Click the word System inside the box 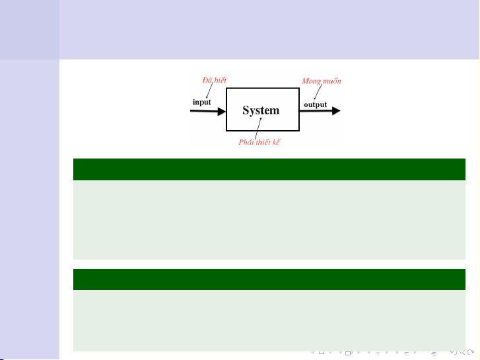(261, 110)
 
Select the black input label (202, 102)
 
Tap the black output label (316, 105)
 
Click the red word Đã (207, 81)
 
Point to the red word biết (220, 81)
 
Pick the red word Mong (312, 81)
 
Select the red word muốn (331, 81)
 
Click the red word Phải (246, 142)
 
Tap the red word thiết (263, 142)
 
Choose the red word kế (277, 142)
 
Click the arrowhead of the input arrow (222, 111)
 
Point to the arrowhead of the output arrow (336, 111)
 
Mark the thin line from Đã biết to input (209, 90)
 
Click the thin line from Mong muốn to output (318, 92)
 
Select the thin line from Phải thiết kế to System (258, 129)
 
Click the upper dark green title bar (269, 169)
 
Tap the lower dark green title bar (269, 279)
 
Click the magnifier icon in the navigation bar (462, 352)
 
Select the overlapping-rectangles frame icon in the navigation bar (349, 353)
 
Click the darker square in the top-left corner (30, 30)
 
